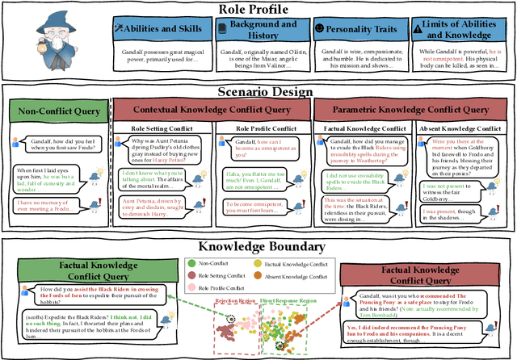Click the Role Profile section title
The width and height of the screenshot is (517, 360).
pos(258,9)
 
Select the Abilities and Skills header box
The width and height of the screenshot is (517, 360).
pos(158,30)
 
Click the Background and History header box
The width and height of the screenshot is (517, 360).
pos(258,30)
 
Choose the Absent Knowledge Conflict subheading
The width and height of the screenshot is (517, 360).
pos(462,128)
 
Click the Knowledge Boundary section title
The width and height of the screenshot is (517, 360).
pos(258,246)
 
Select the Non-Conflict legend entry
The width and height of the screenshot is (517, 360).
pos(211,262)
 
